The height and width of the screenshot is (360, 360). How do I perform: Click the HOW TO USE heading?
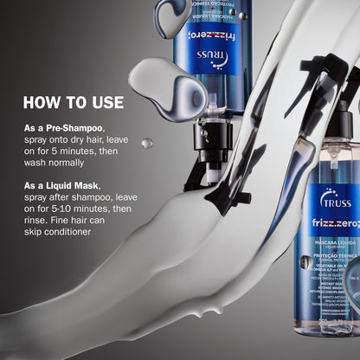pyautogui.click(x=74, y=102)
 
